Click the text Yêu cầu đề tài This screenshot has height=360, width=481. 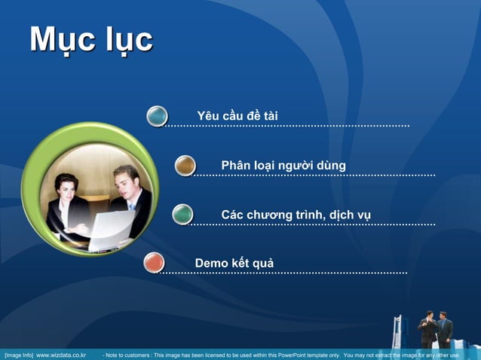(x=237, y=116)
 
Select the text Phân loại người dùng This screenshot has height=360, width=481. (x=283, y=166)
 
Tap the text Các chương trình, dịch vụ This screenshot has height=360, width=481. (x=296, y=216)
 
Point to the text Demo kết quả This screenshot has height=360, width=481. (x=234, y=263)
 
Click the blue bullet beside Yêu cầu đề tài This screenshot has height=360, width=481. (x=157, y=116)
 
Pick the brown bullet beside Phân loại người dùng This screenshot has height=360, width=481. (x=185, y=166)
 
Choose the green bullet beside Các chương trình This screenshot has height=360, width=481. (x=182, y=214)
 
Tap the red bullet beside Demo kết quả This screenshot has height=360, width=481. (x=154, y=262)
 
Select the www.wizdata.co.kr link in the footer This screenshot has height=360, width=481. (x=61, y=355)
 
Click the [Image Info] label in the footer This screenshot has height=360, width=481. (x=19, y=355)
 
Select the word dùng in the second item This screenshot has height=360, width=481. (x=331, y=166)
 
